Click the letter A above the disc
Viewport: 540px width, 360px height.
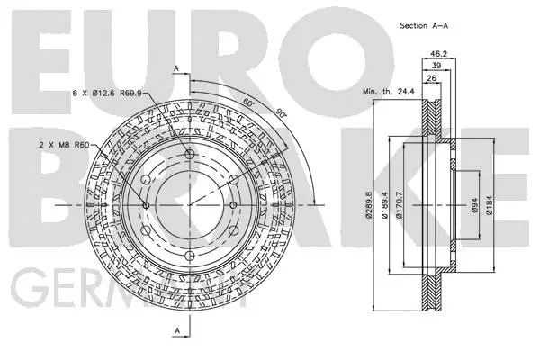[x=177, y=69]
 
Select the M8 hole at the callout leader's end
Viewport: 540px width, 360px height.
[x=147, y=205]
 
